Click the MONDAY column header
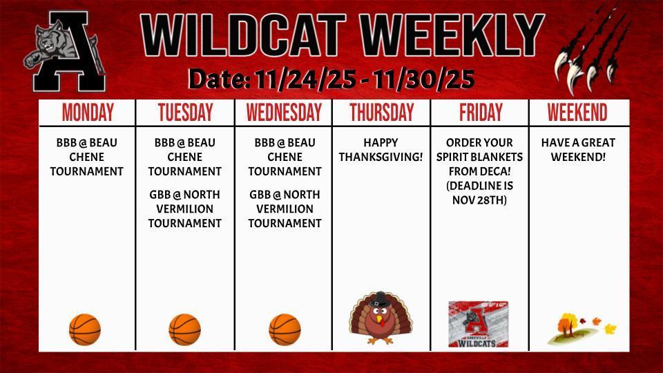click(87, 113)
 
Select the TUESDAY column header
click(185, 113)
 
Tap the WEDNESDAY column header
click(284, 113)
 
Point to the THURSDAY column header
click(381, 113)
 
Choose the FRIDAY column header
click(481, 113)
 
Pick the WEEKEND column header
click(577, 113)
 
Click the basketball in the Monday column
click(85, 329)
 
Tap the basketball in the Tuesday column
click(184, 329)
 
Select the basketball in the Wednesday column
click(285, 329)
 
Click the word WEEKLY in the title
click(452, 35)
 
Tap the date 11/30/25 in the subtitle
click(422, 80)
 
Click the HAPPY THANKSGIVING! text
click(381, 150)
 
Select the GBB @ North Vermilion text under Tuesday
click(184, 209)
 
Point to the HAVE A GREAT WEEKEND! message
click(578, 150)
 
